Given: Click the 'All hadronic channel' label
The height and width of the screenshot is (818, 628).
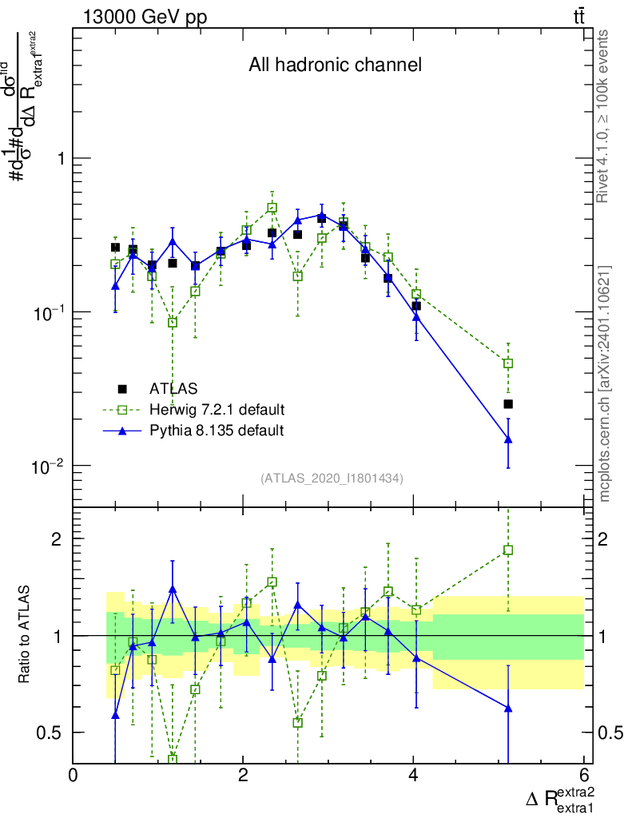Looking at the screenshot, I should pos(335,66).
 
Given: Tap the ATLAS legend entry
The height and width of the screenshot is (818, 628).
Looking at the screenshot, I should pos(174,389).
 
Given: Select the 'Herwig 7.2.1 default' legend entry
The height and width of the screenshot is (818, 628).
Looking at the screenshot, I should pos(217,410).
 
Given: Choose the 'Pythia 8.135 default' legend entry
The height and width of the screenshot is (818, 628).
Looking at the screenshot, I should pos(217,431).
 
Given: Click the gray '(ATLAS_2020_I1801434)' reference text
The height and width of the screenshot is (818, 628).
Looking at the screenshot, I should pos(332,478).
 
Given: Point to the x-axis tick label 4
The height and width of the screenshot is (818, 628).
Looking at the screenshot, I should pos(414,775).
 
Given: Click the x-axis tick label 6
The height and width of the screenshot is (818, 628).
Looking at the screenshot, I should pos(584,775).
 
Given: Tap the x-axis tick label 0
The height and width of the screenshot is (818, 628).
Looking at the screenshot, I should pos(74,775).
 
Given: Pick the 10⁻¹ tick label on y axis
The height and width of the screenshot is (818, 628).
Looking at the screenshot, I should pos(50,312).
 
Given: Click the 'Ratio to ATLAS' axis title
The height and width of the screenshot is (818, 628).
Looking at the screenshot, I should pos(26,634).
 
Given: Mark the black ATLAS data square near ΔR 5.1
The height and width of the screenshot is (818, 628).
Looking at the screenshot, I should pos(508,404).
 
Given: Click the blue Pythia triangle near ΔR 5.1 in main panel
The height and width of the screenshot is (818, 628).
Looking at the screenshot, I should pos(508,439).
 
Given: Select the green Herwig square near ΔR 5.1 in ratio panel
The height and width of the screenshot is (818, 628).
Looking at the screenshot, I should pos(508,550).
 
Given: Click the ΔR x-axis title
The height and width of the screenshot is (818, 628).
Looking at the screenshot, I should pos(560,798).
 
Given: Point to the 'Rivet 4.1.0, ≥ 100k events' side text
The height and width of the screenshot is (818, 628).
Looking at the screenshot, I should pos(604,116).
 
